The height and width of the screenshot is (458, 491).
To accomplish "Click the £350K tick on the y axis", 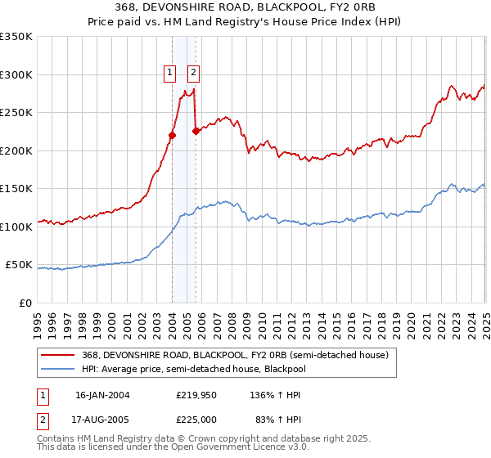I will click(17, 37).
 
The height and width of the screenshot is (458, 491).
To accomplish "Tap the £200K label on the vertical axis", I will click(17, 150).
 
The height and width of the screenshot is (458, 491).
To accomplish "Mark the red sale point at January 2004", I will click(173, 136).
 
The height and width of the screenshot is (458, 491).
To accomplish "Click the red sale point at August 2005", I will click(196, 131).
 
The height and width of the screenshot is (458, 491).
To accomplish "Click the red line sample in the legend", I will click(57, 354).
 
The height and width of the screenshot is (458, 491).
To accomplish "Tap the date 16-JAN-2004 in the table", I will click(102, 394).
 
